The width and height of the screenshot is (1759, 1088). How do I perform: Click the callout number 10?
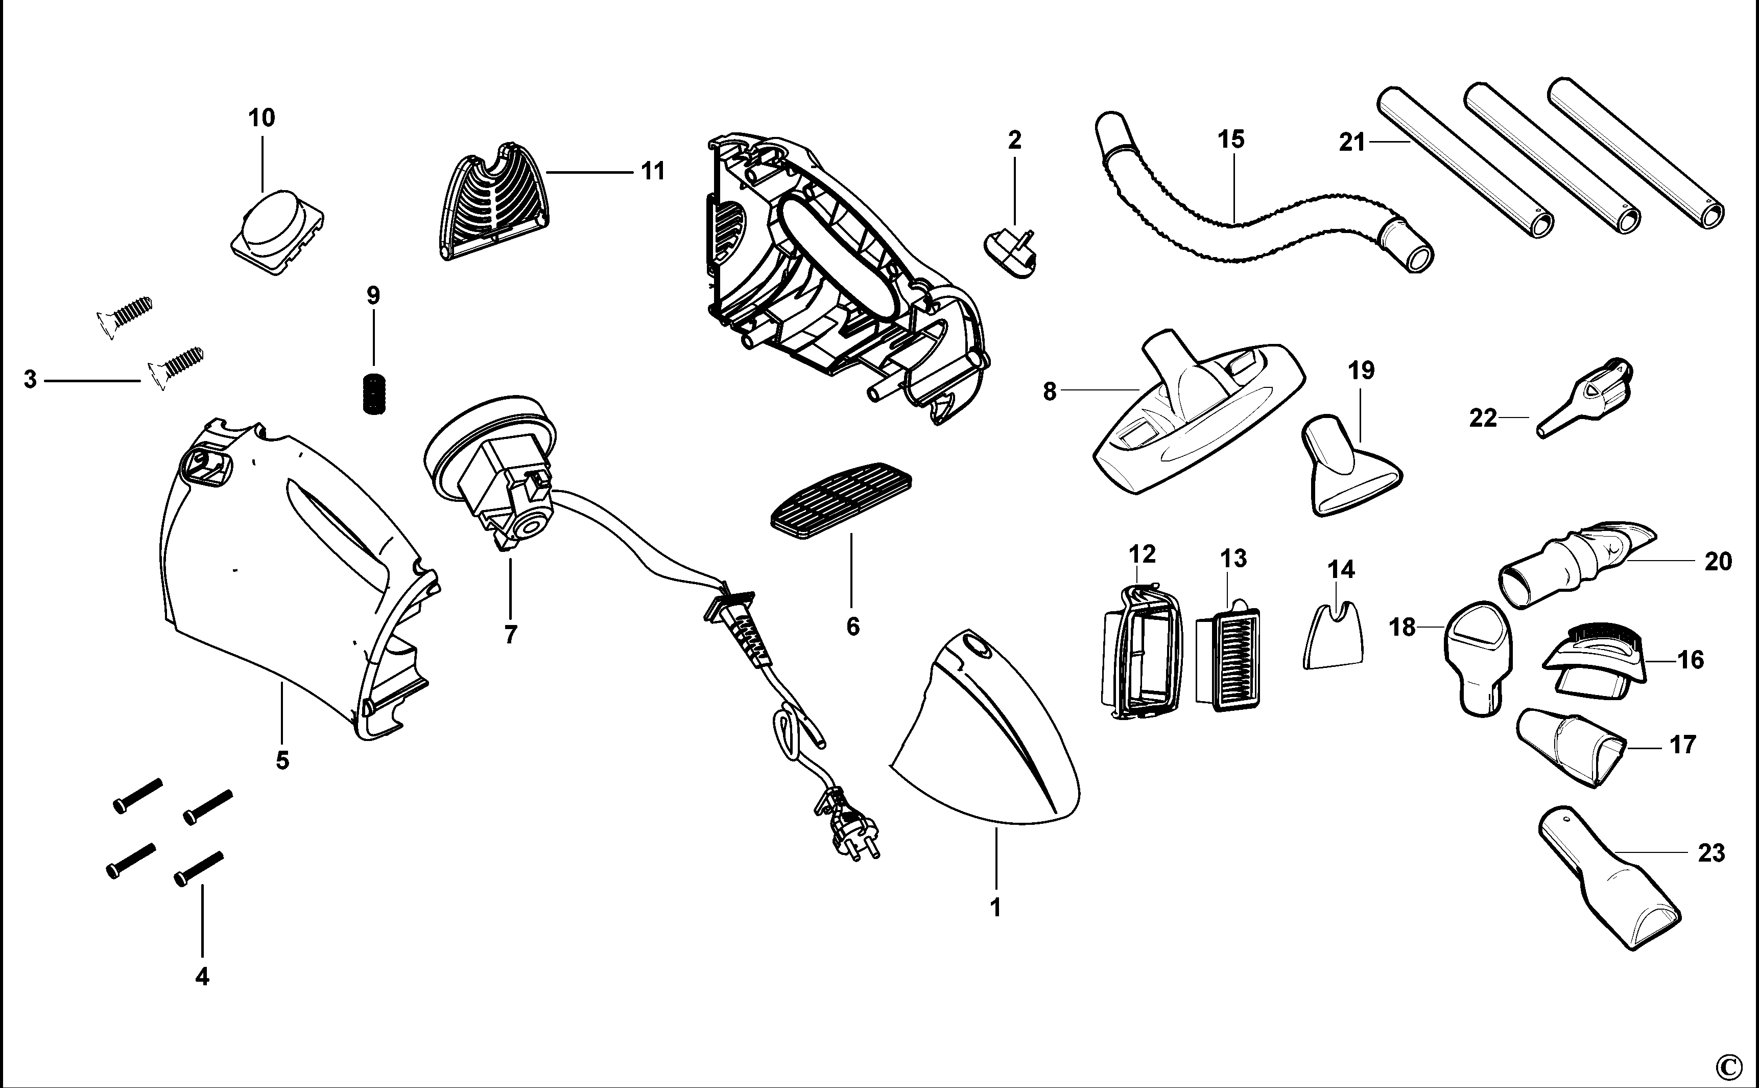click(x=262, y=118)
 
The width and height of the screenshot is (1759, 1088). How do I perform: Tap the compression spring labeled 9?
click(x=372, y=395)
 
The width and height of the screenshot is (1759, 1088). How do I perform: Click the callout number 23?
click(x=1711, y=853)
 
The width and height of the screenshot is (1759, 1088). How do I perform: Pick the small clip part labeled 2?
click(x=1010, y=254)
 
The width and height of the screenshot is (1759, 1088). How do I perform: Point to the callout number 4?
click(x=202, y=977)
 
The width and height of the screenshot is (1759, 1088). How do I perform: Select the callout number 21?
click(x=1352, y=143)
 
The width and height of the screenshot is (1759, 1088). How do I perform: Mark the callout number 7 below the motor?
click(x=511, y=635)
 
